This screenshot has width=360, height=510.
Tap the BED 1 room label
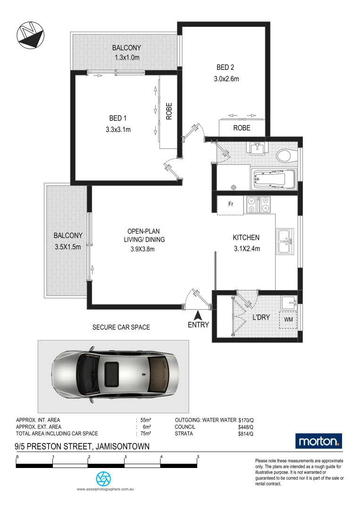(x=118, y=118)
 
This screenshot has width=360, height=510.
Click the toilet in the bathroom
(x=285, y=155)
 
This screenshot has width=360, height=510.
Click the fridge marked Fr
(x=230, y=205)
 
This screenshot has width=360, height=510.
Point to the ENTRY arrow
(x=199, y=315)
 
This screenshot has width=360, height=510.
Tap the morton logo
(x=318, y=442)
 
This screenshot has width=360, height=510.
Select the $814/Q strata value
(x=246, y=433)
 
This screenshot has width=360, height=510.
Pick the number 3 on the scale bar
(x=126, y=457)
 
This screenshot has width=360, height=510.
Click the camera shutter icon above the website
(x=103, y=479)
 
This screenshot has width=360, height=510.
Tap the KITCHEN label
(x=246, y=238)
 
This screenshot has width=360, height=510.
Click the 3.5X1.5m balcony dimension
(x=68, y=246)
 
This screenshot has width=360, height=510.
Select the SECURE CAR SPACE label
(x=121, y=327)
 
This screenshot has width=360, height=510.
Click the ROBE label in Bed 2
(x=242, y=128)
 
